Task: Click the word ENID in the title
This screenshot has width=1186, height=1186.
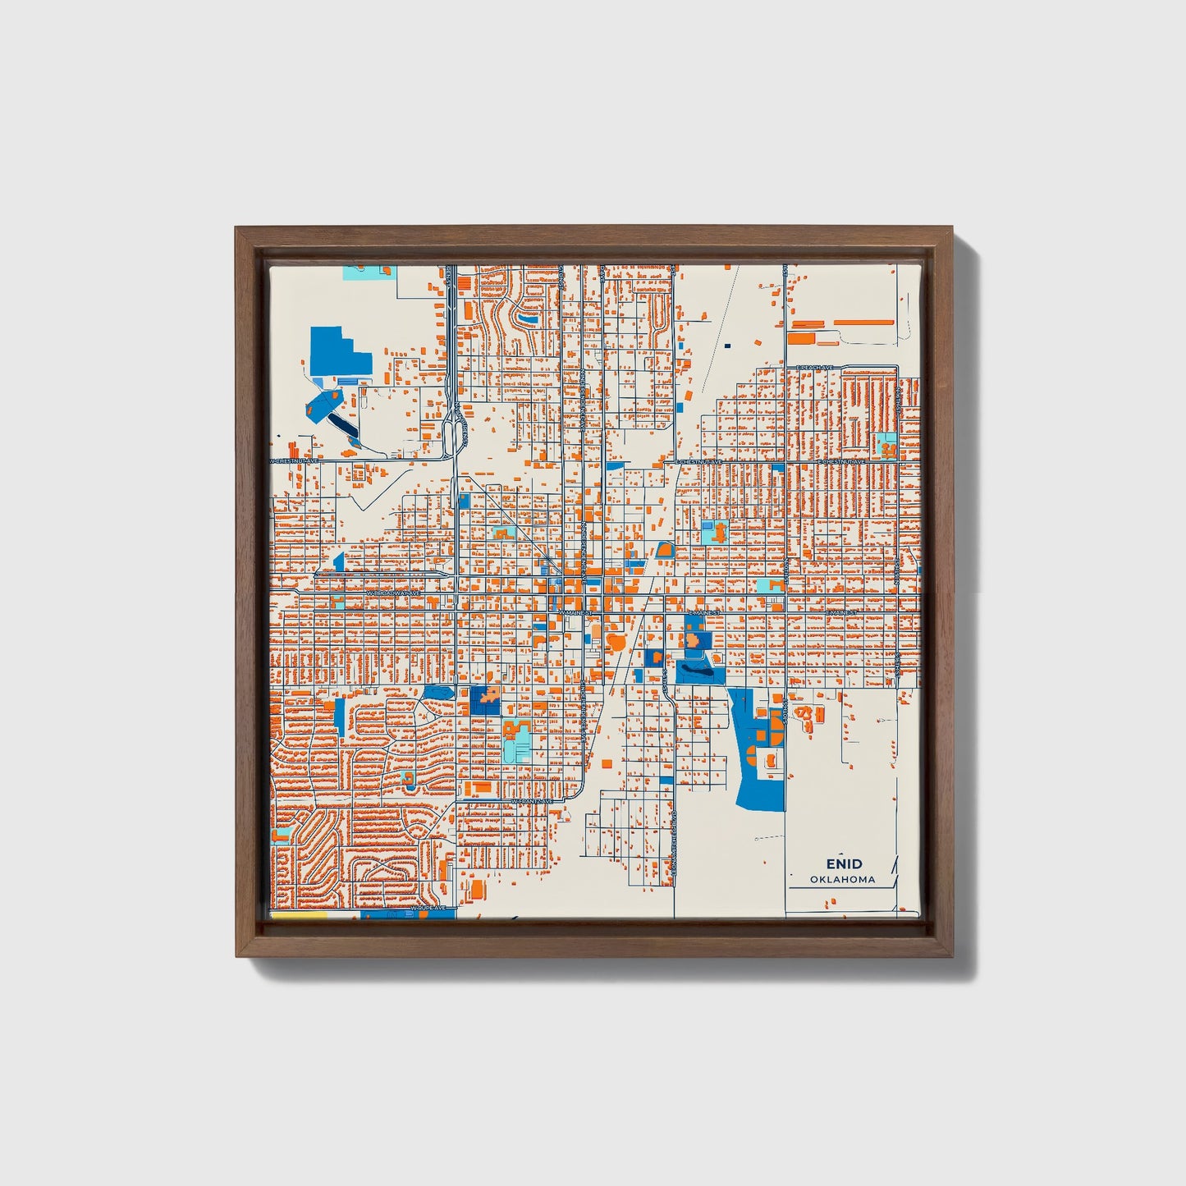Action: pos(844,863)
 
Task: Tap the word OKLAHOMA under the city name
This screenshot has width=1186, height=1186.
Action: pos(842,879)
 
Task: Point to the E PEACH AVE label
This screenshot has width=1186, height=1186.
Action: pos(814,367)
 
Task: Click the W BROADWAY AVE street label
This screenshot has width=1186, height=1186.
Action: pos(393,592)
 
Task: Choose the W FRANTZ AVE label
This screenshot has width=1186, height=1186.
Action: pos(531,801)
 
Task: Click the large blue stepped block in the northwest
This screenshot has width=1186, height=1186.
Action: pos(338,354)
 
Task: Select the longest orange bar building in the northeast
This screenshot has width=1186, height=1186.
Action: pos(863,323)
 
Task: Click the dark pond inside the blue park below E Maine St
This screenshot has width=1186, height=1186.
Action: pos(695,671)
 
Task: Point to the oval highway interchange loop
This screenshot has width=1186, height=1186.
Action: pos(451,436)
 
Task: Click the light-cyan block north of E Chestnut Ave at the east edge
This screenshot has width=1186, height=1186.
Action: pos(886,445)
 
